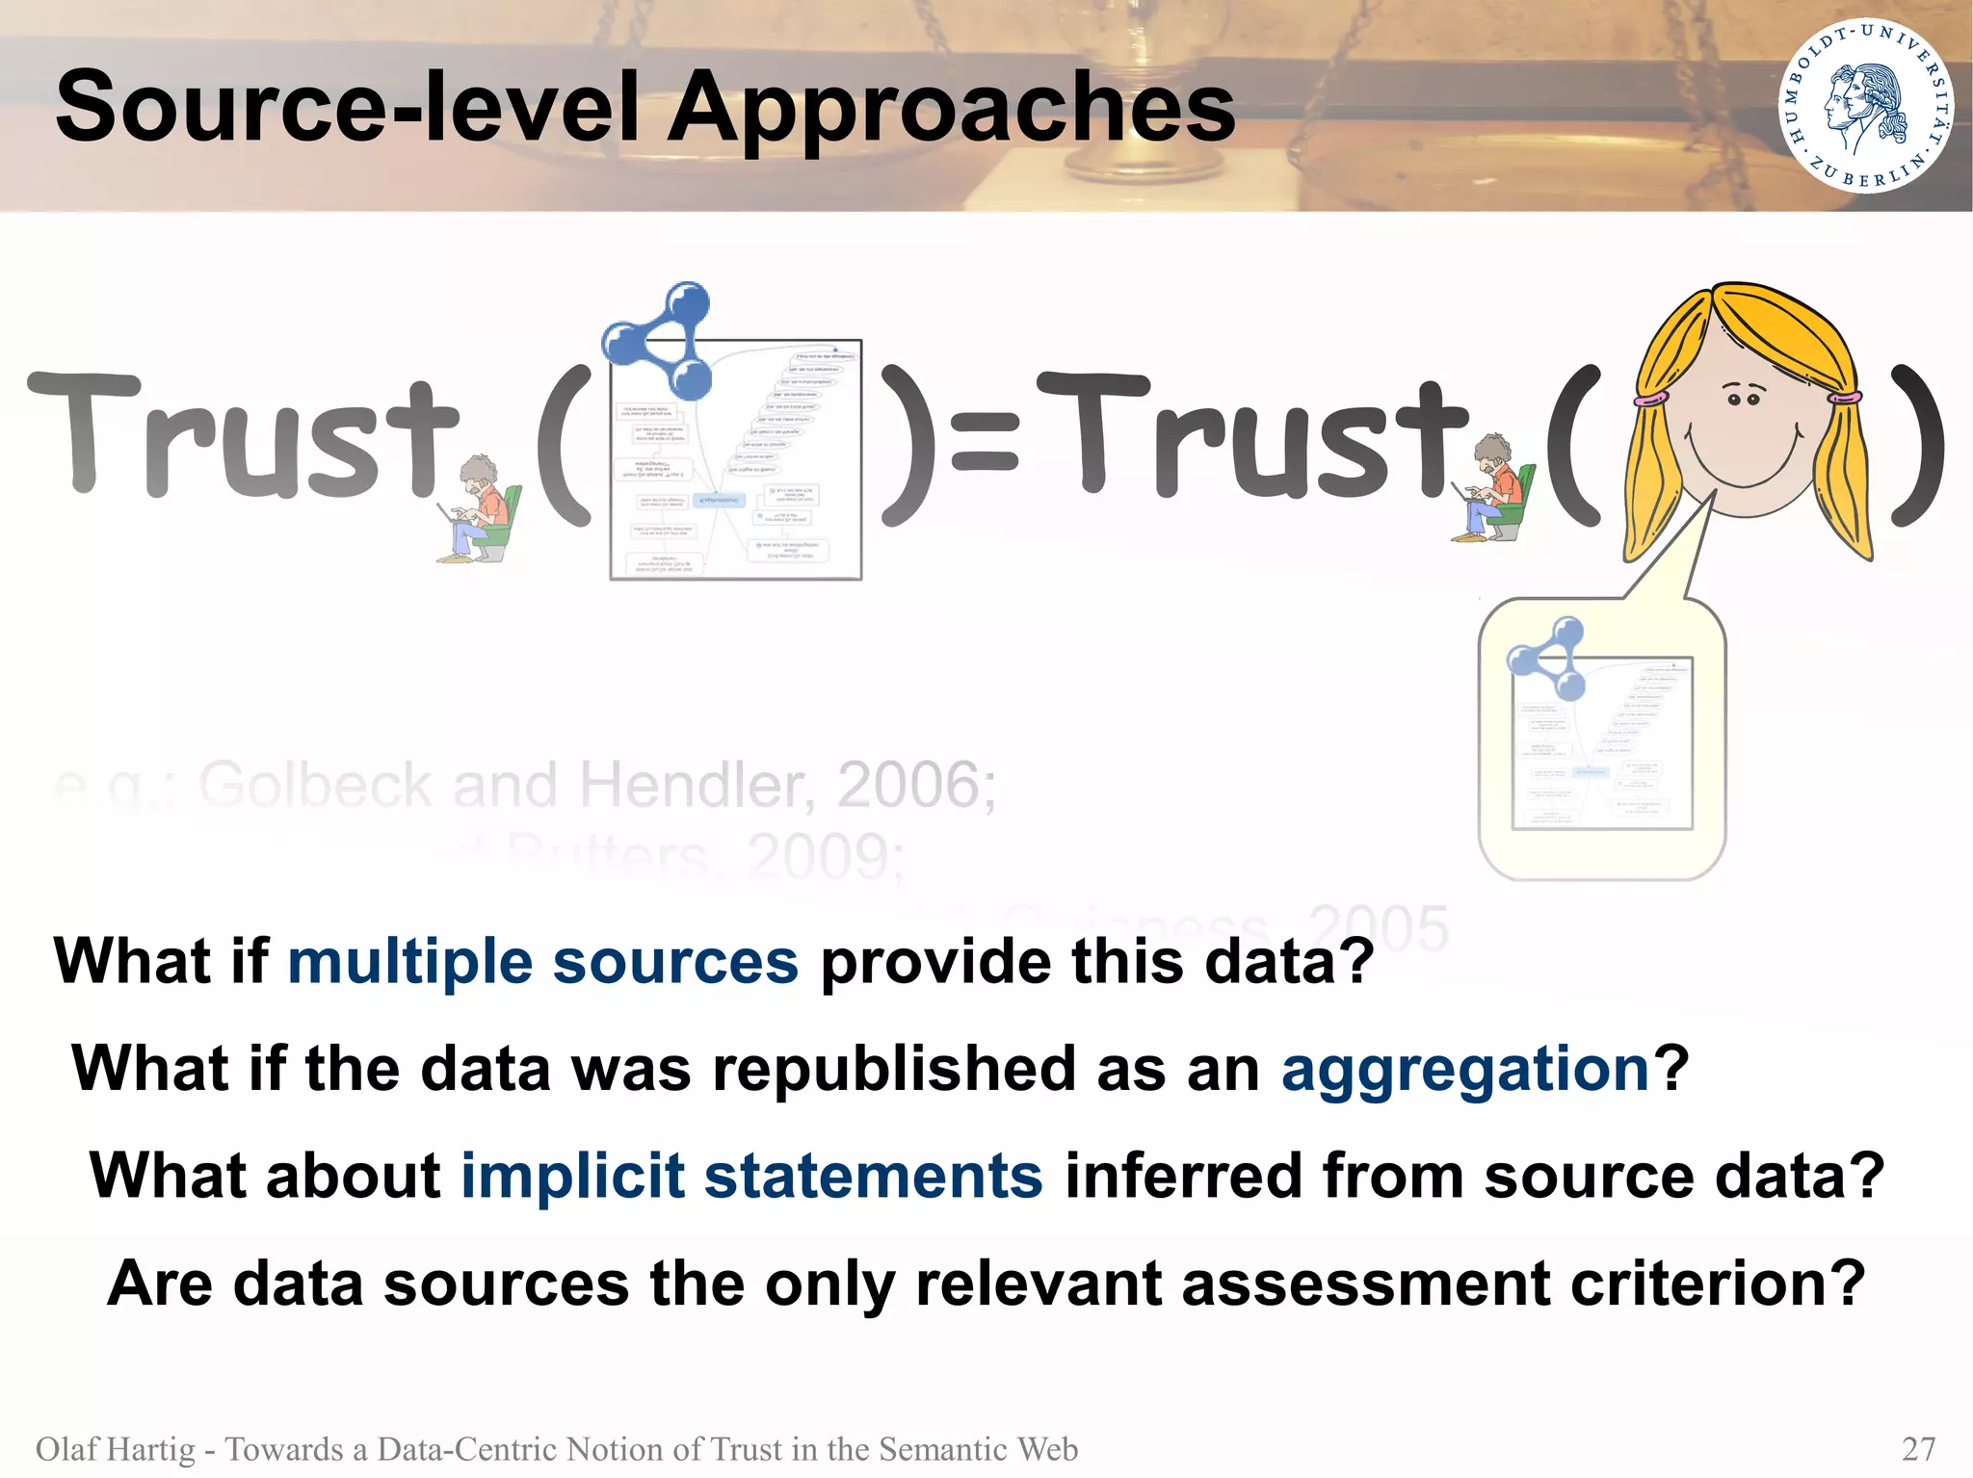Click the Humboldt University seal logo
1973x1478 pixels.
pos(1866,106)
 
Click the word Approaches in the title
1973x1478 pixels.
pos(951,108)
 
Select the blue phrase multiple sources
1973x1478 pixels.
pos(543,962)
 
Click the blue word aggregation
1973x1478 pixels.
pos(1466,1069)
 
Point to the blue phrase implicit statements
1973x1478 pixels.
pos(751,1176)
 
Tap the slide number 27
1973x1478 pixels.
pos(1919,1449)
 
